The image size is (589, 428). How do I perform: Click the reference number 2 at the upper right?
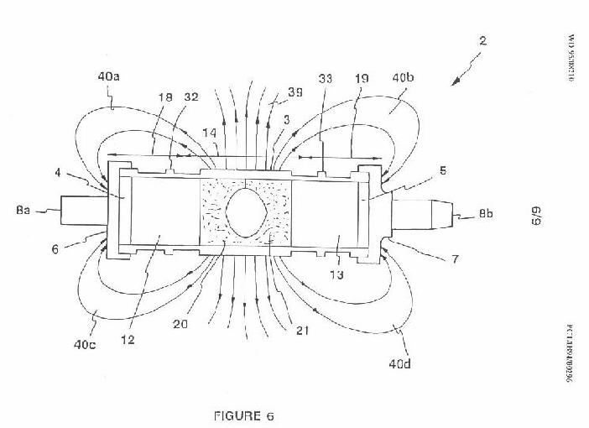tap(484, 39)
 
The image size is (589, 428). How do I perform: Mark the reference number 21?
tap(302, 330)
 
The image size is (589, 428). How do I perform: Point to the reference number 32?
tap(192, 97)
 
